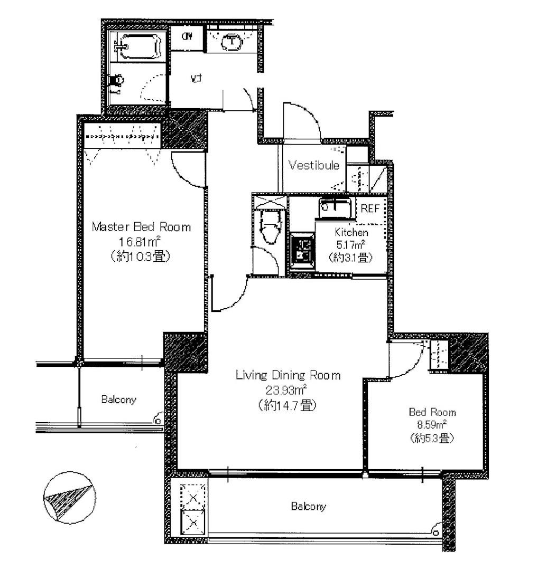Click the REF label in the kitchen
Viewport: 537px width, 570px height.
369,208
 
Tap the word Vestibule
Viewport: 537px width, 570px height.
313,165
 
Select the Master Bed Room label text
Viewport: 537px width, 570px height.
141,227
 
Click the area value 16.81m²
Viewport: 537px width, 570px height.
140,242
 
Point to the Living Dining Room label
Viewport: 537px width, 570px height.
288,375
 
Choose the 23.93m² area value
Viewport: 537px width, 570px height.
288,391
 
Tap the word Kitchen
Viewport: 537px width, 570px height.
351,232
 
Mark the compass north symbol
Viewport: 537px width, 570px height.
69,498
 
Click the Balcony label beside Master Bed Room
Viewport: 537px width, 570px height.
118,400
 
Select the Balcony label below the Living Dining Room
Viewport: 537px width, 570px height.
308,507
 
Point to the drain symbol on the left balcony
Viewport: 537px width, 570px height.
157,420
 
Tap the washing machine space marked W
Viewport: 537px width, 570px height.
187,36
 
